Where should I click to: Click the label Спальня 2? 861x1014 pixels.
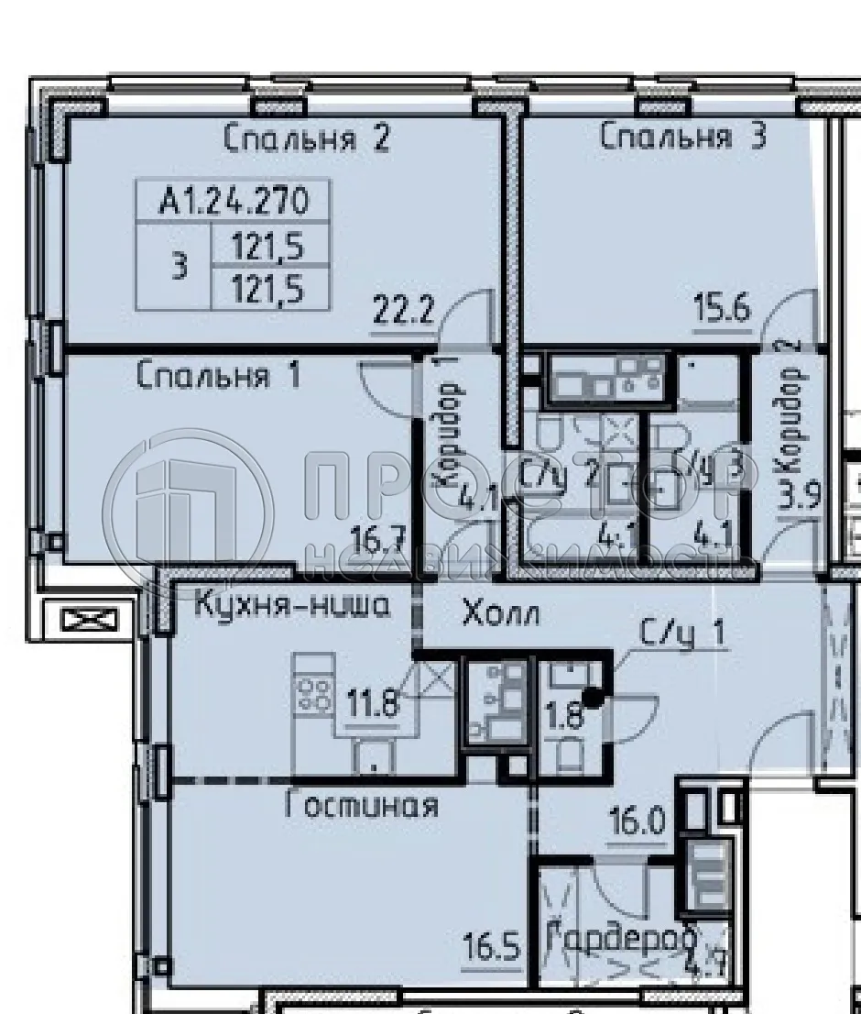[x=307, y=139]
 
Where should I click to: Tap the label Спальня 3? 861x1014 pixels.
[x=682, y=138]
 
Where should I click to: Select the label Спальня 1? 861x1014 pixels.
[x=218, y=376]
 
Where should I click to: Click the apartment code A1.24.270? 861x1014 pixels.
[x=233, y=201]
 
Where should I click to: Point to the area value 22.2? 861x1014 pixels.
[x=402, y=310]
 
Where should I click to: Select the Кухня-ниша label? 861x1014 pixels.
[x=292, y=606]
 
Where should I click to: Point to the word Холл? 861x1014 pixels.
[x=500, y=612]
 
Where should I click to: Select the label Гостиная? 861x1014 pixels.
[x=361, y=806]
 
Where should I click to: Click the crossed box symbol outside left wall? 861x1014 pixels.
[x=89, y=621]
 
